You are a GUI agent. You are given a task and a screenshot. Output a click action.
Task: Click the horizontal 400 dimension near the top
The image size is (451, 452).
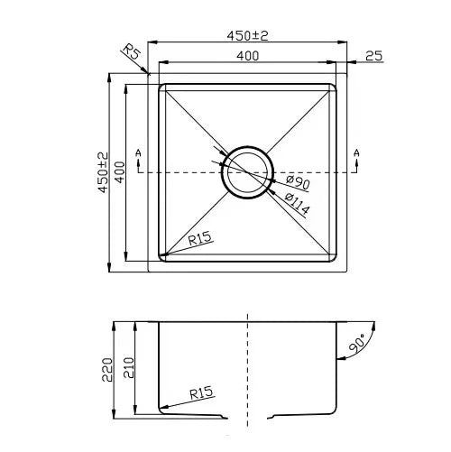[249, 55]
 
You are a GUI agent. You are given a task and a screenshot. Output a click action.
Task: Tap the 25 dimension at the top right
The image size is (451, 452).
[374, 56]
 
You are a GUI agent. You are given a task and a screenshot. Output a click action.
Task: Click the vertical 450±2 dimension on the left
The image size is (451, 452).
[105, 171]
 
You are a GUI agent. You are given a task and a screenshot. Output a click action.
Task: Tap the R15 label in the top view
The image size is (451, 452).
[200, 239]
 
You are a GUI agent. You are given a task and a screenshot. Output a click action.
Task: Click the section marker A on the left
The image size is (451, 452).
[137, 152]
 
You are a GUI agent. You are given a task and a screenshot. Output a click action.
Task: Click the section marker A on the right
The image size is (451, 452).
[358, 152]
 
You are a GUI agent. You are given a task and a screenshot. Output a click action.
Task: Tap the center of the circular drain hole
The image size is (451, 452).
[247, 171]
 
